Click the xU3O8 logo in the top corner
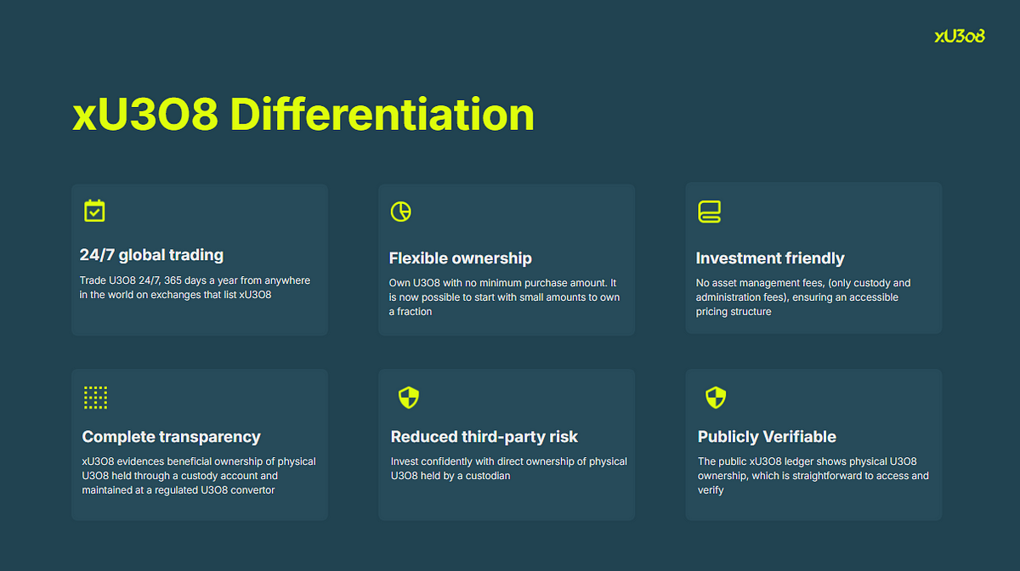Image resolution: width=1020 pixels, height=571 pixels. (x=960, y=36)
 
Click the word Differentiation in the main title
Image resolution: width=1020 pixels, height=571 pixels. (x=382, y=115)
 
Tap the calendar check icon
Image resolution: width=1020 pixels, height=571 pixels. (x=94, y=211)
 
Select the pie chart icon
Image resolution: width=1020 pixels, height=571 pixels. (x=400, y=212)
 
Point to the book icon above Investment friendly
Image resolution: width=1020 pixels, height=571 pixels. (x=709, y=212)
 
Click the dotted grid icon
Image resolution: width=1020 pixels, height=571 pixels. (x=95, y=398)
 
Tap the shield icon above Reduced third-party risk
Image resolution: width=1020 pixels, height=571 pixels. (x=409, y=398)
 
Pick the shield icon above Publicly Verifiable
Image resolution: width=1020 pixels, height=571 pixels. (x=716, y=398)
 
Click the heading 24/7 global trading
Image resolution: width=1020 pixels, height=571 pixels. (x=151, y=255)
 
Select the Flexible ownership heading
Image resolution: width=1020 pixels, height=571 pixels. (x=461, y=258)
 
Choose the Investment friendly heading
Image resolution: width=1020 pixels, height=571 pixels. (x=770, y=258)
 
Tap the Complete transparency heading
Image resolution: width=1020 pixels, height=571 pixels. (x=171, y=437)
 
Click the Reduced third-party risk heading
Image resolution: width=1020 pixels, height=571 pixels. (x=484, y=437)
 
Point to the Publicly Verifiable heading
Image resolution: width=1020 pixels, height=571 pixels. (x=767, y=437)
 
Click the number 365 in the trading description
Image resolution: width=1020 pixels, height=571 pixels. (x=173, y=280)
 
